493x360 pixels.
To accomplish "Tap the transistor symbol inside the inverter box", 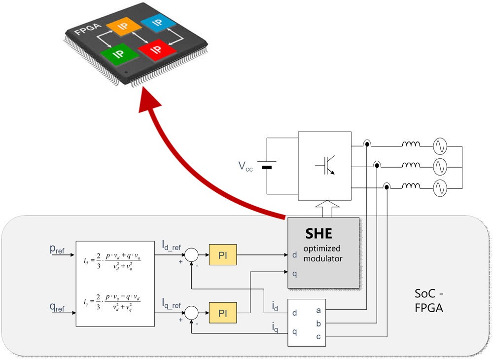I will [325, 166].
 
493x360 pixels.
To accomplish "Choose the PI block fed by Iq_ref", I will [223, 312].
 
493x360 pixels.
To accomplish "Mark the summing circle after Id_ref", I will [191, 255].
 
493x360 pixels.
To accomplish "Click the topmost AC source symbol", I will [440, 146].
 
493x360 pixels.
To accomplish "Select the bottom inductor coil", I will [411, 186].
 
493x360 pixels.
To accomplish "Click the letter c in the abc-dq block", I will [317, 336].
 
